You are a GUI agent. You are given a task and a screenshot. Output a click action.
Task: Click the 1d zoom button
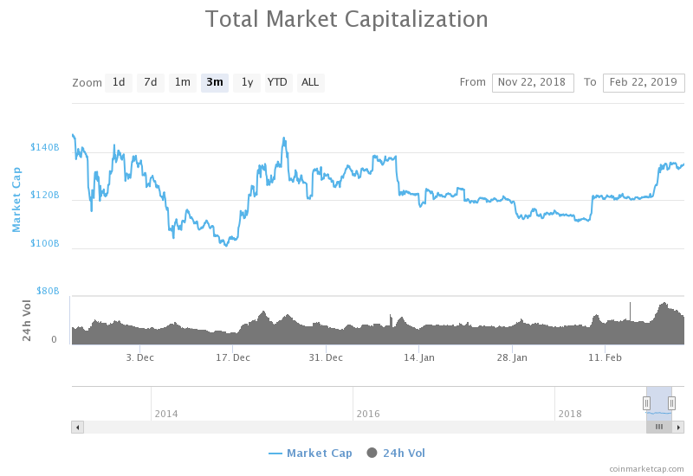[x=119, y=82]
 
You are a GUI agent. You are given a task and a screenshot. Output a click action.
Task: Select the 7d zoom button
[x=151, y=82]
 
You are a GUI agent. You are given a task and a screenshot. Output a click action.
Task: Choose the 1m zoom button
[x=183, y=82]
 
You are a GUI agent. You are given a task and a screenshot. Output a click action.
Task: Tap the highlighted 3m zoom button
[x=215, y=82]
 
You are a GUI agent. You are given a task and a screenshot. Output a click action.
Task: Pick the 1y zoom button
[x=247, y=82]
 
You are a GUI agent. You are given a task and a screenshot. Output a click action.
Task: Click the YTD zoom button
[x=277, y=82]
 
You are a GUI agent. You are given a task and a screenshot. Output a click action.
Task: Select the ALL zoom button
[x=309, y=82]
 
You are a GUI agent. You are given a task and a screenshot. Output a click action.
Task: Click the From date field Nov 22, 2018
[x=533, y=82]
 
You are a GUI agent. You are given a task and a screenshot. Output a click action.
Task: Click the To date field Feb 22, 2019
[x=644, y=82]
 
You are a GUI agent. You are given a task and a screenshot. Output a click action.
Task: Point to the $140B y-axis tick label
[x=45, y=148]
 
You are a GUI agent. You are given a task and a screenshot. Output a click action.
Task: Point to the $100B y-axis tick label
[x=45, y=244]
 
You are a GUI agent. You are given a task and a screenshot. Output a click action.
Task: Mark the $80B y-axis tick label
[x=47, y=292]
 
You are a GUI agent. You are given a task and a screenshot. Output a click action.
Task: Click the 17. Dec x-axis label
[x=233, y=357]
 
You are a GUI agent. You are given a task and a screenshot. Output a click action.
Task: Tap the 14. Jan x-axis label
[x=419, y=357]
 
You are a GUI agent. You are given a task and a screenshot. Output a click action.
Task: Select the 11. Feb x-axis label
[x=606, y=357]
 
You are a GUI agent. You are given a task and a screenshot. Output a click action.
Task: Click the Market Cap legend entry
[x=311, y=453]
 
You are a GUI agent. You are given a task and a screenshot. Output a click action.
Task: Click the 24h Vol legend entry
[x=397, y=453]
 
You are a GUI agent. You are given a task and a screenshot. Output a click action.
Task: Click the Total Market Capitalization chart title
[x=346, y=19]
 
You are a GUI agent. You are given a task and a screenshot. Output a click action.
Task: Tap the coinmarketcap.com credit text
[x=646, y=468]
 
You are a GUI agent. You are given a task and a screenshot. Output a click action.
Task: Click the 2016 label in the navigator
[x=367, y=414]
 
